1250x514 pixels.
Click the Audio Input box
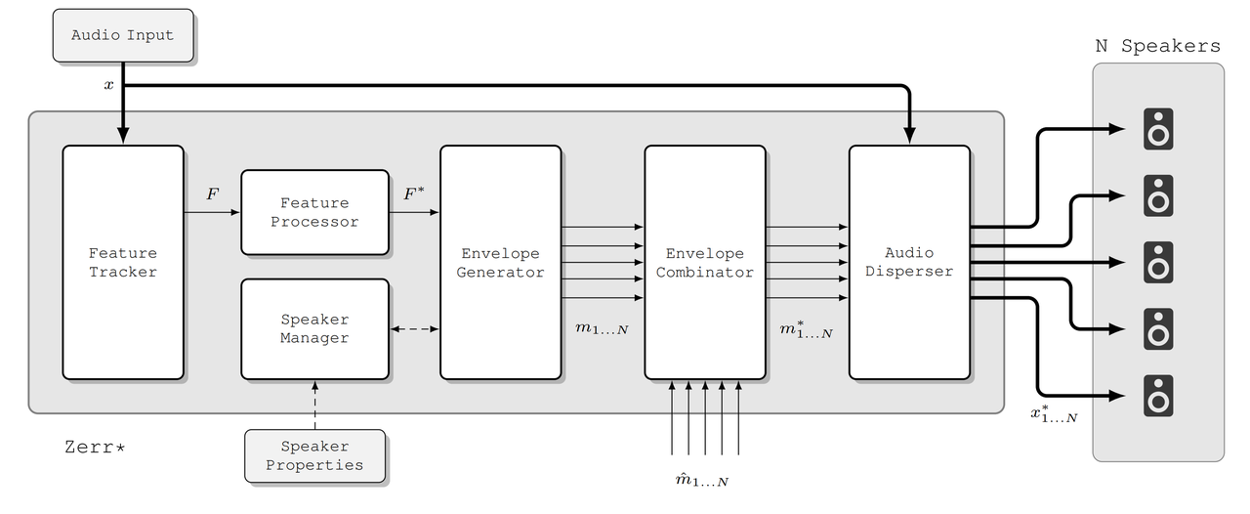point(122,35)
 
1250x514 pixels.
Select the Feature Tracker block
point(123,262)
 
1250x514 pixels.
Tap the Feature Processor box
point(314,212)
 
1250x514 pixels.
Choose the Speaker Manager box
point(314,328)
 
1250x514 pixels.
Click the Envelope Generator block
point(500,262)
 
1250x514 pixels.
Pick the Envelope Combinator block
point(704,262)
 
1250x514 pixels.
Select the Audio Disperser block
point(909,262)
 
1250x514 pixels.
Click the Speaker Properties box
point(314,455)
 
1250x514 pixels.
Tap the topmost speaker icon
point(1158,129)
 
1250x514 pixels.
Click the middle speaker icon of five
point(1158,262)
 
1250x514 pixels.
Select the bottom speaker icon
point(1158,396)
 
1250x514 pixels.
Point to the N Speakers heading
point(1157,46)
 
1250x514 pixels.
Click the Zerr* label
point(95,448)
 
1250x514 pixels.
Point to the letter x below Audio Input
point(108,85)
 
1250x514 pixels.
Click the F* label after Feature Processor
point(414,193)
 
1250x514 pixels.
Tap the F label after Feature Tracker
point(212,193)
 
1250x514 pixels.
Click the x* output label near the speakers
point(1054,414)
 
